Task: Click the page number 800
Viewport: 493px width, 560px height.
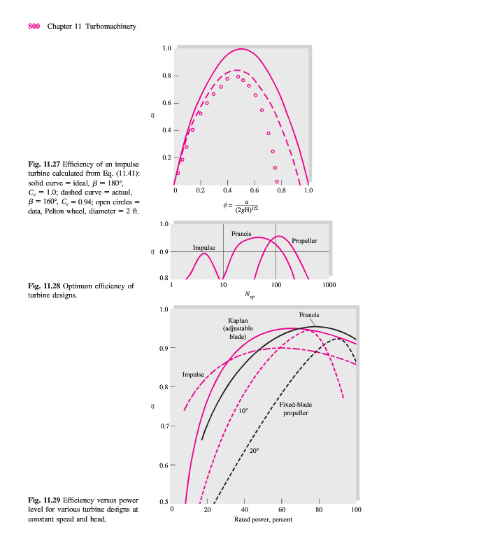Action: (34, 27)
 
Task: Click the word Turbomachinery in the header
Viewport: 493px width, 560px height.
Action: (110, 27)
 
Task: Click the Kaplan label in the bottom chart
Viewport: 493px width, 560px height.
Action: (238, 320)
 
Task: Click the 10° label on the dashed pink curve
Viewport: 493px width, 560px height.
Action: (243, 411)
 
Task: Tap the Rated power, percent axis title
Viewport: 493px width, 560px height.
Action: (263, 519)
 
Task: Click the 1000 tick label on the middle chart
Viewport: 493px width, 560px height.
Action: (329, 285)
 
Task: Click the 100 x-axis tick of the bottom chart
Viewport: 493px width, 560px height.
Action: (356, 510)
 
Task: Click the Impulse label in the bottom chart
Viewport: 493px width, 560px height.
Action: (192, 374)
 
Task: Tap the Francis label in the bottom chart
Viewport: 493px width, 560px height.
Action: (308, 315)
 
